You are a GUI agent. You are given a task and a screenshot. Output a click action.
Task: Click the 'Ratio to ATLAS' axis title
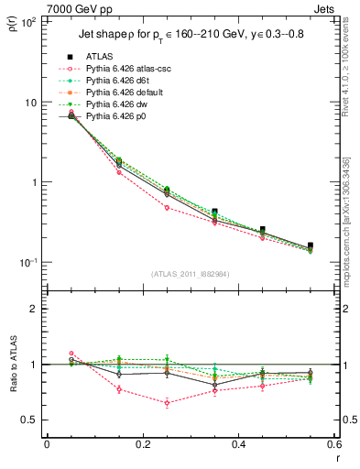13,386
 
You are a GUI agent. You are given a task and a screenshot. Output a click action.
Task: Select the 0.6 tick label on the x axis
334,444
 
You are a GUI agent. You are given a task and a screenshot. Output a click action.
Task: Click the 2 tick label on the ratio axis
34,309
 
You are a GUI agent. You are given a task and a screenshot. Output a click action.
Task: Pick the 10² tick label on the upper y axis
27,22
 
